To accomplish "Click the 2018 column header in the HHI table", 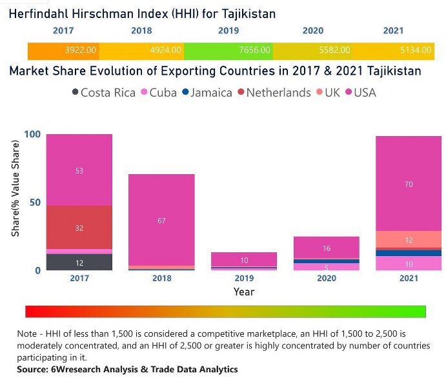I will point(141,30).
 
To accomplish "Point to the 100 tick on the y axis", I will point(32,134).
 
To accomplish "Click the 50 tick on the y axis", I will point(35,203).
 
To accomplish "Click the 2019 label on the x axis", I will point(244,279).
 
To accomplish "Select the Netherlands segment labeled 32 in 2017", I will point(79,228).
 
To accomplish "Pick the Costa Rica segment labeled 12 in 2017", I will point(79,263).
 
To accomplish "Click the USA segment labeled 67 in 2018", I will point(161,221).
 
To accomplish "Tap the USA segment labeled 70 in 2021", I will point(409,184).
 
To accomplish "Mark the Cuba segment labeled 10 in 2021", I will point(409,264).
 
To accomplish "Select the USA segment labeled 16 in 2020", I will point(326,248).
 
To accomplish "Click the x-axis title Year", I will point(244,292).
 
